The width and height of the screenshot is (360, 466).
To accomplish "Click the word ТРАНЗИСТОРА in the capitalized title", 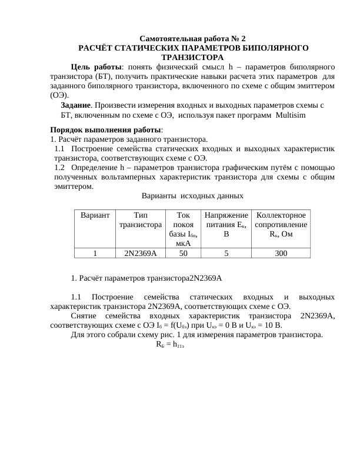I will (192, 57).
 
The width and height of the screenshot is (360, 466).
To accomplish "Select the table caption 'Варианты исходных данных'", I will (192, 196).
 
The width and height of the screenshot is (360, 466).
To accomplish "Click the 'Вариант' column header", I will (95, 216).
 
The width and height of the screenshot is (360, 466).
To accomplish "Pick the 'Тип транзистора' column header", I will (140, 220).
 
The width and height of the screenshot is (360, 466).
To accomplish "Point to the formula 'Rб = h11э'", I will (171, 345).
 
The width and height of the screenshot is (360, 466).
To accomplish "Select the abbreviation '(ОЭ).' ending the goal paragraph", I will (59, 95).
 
